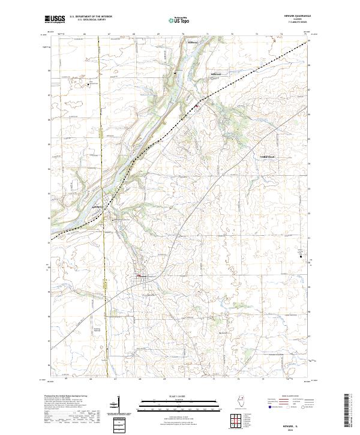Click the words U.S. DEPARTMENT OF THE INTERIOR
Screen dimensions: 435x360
point(91,17)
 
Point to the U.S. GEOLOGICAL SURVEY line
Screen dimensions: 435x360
point(91,20)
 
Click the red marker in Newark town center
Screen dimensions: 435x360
point(139,276)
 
